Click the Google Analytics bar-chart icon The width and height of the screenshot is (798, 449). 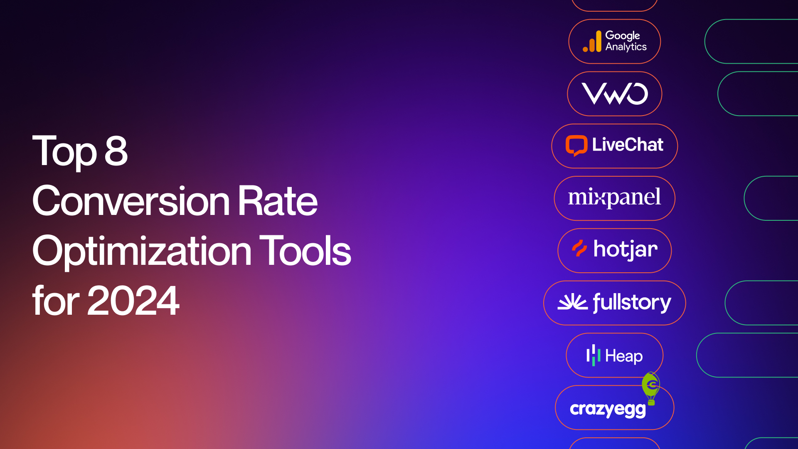pos(592,42)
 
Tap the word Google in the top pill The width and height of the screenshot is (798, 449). pos(623,36)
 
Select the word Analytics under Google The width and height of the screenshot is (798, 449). pos(626,47)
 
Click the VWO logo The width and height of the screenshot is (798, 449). pos(615,94)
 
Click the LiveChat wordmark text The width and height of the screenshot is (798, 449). pos(628,145)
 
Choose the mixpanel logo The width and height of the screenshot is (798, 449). pos(614,197)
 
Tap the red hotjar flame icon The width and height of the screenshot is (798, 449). pos(579,248)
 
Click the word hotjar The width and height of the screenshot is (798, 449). pos(626,249)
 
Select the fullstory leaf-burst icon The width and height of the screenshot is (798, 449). pos(572,302)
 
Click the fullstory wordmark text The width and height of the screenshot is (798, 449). pos(632,302)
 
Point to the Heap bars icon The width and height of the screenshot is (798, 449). pos(593,355)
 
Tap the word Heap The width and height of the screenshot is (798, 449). pos(624,356)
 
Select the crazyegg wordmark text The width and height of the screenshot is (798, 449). pos(608,410)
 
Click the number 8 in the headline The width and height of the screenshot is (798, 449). pos(116,151)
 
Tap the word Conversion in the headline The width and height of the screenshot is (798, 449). pos(131,201)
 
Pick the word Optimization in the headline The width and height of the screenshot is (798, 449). pos(142,252)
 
